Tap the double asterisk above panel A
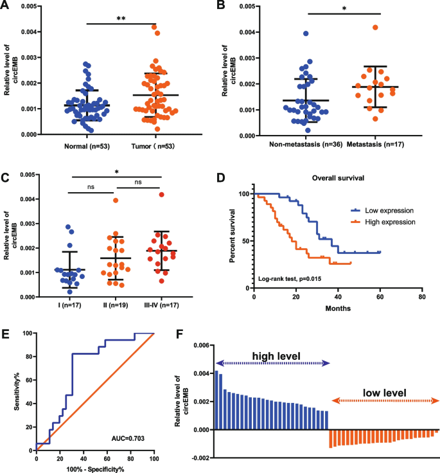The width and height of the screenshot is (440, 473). (121, 19)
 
